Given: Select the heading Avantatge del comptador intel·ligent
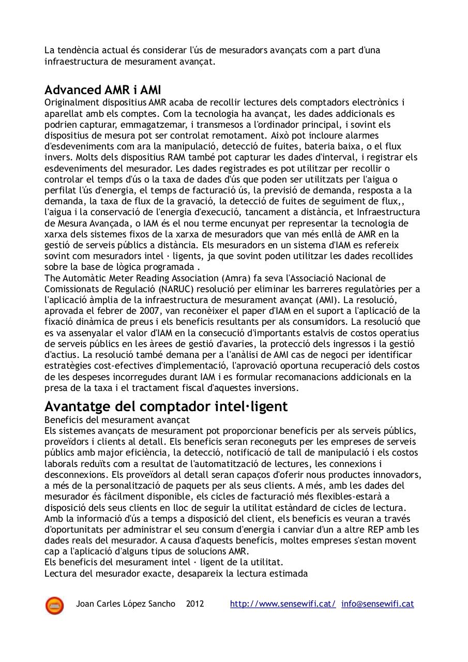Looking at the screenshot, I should (x=166, y=406).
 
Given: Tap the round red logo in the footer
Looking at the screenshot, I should (x=54, y=605).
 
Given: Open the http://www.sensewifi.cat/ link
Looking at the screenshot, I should (x=283, y=604).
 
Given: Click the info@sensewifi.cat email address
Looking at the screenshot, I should (x=378, y=604).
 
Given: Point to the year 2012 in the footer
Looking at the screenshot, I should (x=195, y=604).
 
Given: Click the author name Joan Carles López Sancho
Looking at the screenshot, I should (x=126, y=604).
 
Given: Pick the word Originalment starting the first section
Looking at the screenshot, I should (x=69, y=102).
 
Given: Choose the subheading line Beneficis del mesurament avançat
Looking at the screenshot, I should (x=117, y=419).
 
